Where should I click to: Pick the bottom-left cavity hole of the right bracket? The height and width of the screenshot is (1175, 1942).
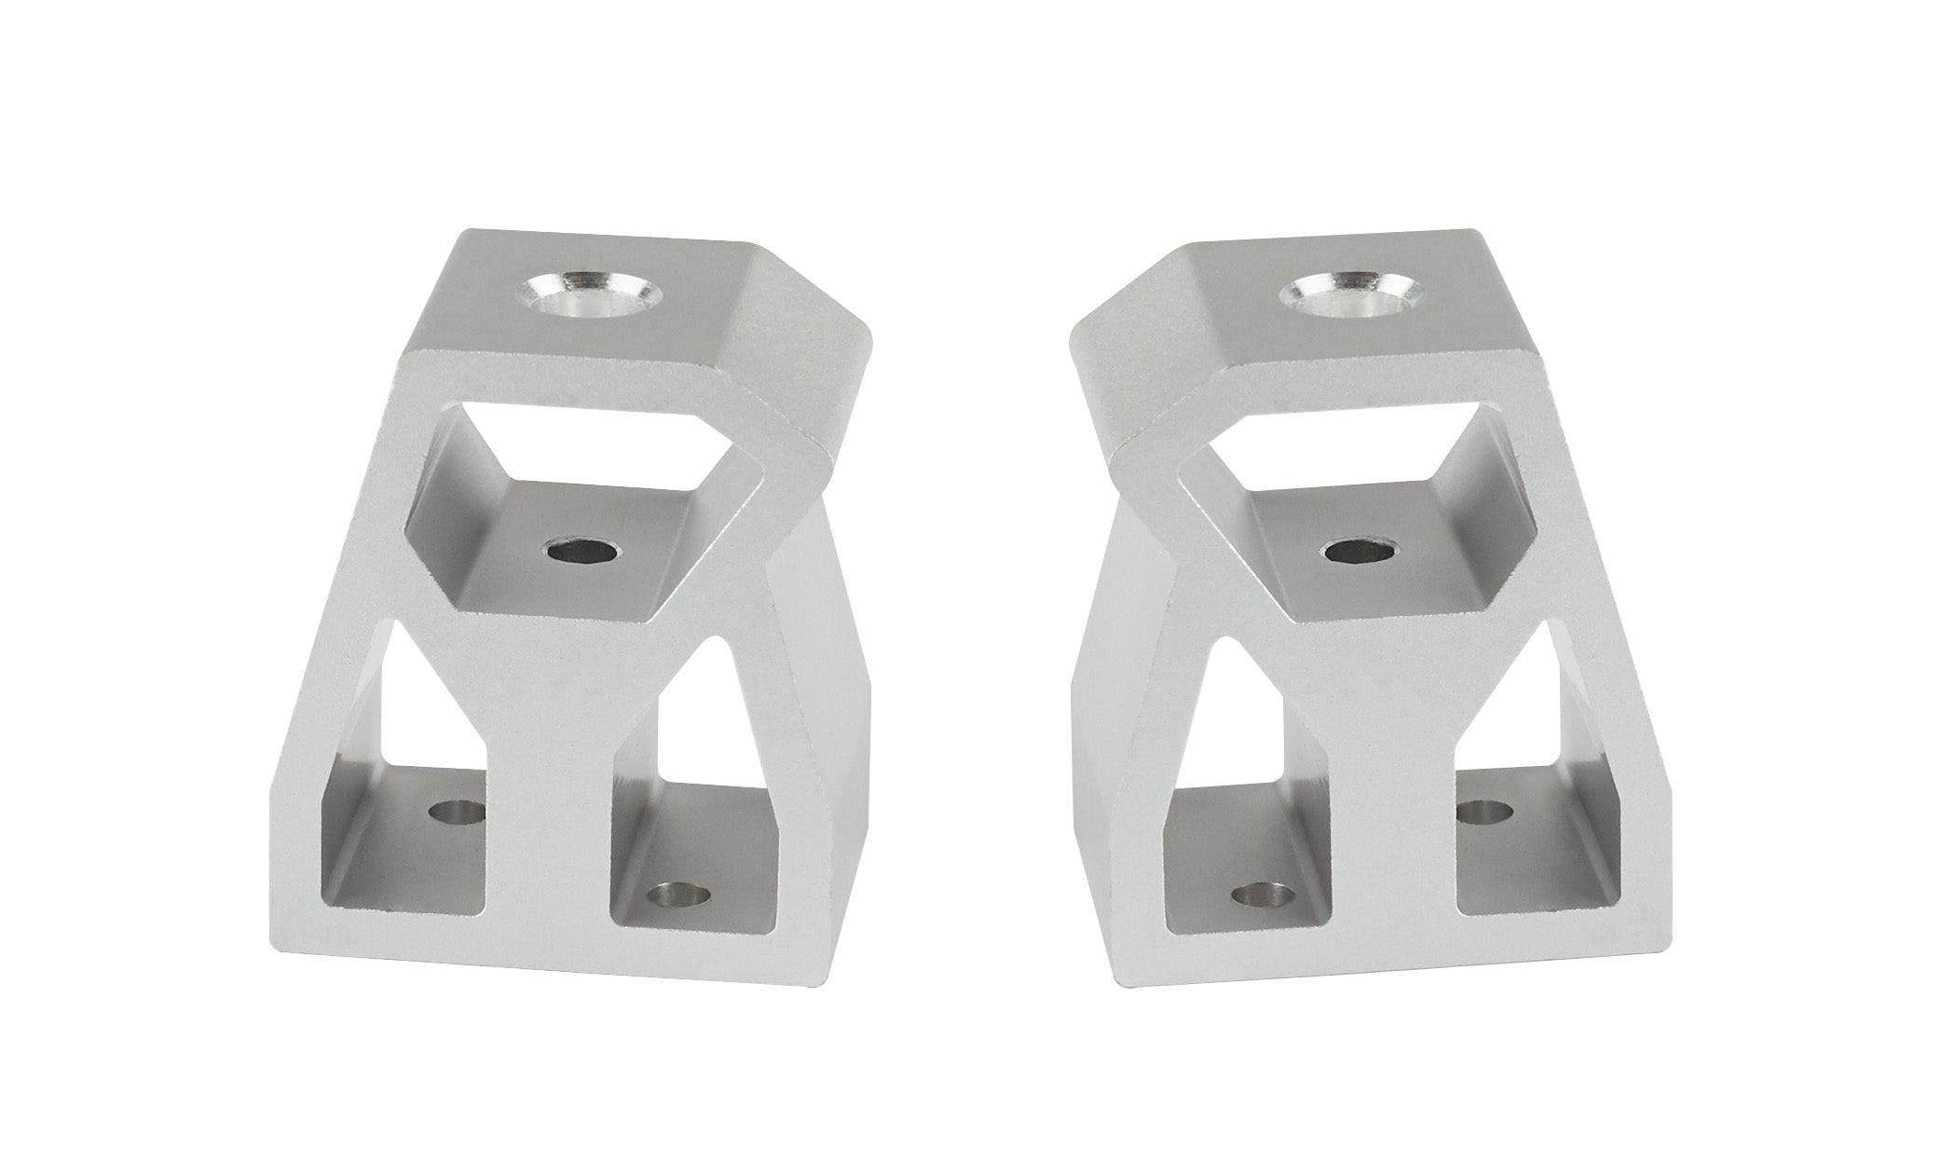(1263, 901)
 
